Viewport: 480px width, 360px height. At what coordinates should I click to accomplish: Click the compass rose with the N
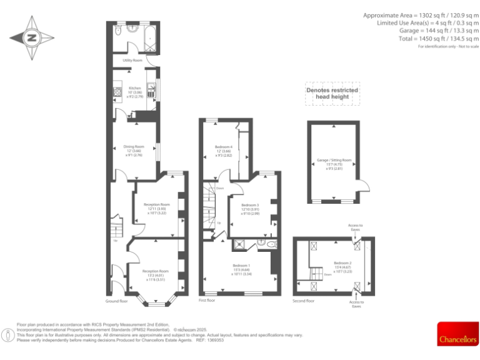pyautogui.click(x=31, y=38)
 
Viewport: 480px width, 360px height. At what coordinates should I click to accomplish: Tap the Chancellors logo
pyautogui.click(x=458, y=333)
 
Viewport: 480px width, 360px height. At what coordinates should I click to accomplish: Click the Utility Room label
pyautogui.click(x=132, y=60)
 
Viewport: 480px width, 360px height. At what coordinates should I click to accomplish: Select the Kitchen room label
pyautogui.click(x=135, y=92)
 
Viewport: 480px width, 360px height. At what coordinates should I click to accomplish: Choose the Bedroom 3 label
pyautogui.click(x=250, y=209)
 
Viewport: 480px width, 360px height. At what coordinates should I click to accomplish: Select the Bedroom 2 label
pyautogui.click(x=342, y=266)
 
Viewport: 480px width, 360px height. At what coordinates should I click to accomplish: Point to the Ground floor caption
pyautogui.click(x=116, y=301)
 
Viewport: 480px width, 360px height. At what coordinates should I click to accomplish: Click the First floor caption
pyautogui.click(x=207, y=301)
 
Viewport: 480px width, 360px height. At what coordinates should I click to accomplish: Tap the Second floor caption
pyautogui.click(x=304, y=301)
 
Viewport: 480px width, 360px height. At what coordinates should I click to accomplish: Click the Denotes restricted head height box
pyautogui.click(x=332, y=93)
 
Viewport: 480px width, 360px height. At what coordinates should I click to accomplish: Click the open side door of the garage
pyautogui.click(x=364, y=187)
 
